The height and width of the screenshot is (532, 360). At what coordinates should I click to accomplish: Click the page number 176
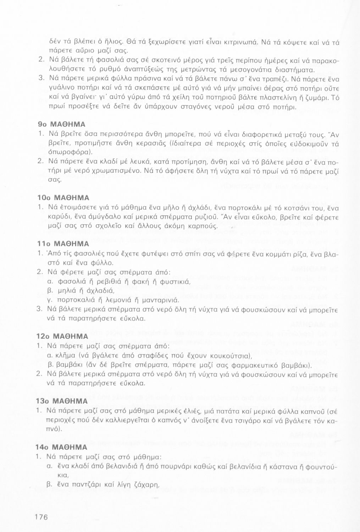[x=41, y=517]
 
